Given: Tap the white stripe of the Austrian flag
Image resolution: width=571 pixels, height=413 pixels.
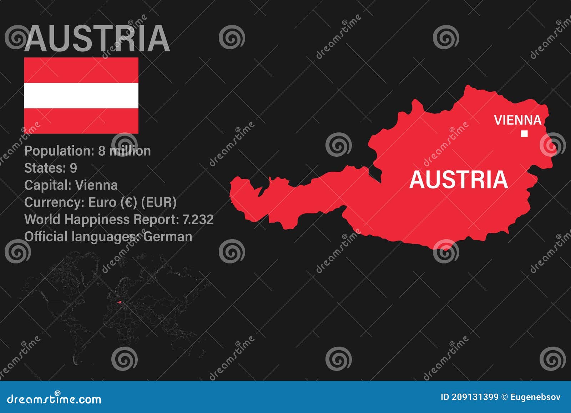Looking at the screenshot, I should click(81, 95).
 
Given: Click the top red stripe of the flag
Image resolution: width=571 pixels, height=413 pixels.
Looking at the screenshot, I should click(81, 70).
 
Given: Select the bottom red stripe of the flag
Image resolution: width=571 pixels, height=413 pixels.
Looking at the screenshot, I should click(81, 121).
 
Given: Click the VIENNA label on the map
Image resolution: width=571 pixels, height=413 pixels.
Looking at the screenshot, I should click(517, 120).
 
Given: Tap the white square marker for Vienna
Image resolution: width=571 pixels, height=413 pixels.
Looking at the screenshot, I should click(524, 134).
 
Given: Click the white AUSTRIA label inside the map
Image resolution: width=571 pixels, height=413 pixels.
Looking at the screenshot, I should click(458, 180).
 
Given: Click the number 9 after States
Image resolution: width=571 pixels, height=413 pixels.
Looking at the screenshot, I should click(73, 168).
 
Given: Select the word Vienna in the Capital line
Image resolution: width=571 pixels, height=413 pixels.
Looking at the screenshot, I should click(96, 185).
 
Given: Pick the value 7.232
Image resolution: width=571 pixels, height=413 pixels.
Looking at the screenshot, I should click(198, 220).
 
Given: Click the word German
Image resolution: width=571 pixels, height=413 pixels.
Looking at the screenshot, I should click(168, 237).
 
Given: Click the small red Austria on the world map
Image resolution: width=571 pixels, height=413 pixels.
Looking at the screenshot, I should click(120, 302).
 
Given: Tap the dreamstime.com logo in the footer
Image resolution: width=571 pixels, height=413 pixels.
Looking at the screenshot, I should click(54, 399).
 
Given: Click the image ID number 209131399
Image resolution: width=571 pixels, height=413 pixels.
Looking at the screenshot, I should click(475, 397).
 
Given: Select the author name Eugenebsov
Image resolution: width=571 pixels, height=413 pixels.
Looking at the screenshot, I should click(535, 397).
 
